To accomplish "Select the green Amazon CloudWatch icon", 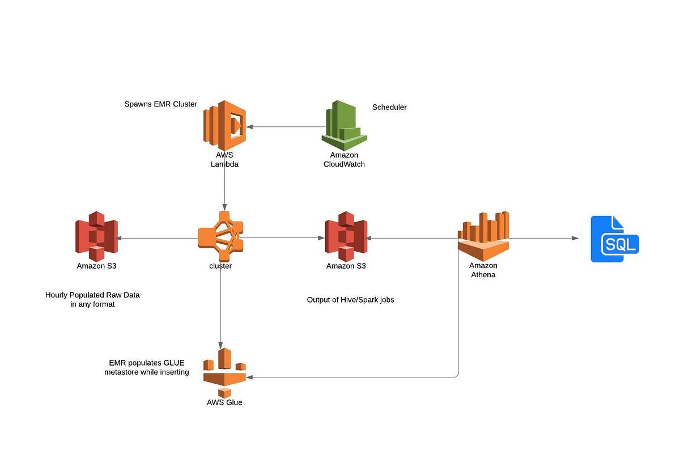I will tap(344, 125).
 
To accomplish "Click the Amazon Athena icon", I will tap(483, 235).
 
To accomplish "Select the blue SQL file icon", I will tap(614, 239).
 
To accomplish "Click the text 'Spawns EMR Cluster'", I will tap(161, 104).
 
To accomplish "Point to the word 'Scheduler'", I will tap(389, 107).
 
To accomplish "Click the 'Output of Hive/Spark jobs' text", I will tap(350, 300).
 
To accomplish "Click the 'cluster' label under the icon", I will tap(220, 266).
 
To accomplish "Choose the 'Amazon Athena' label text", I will tap(483, 270).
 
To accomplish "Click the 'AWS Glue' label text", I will tap(224, 402).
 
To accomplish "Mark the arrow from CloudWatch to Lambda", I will tap(283, 127).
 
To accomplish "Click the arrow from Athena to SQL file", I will tap(544, 239).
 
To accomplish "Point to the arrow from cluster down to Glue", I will tap(220, 306).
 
